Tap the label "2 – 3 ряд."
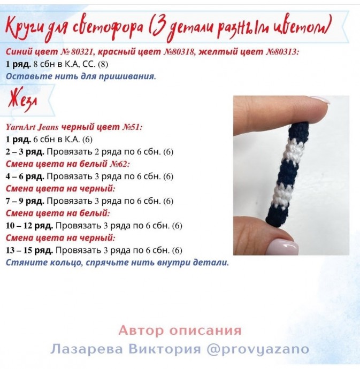(x=24, y=152)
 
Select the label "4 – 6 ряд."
(x=24, y=176)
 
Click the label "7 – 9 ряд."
(x=24, y=201)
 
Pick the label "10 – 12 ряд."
(x=29, y=226)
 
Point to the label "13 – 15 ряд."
(x=29, y=250)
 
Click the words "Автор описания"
(x=180, y=330)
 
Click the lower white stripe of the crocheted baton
(x=281, y=197)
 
